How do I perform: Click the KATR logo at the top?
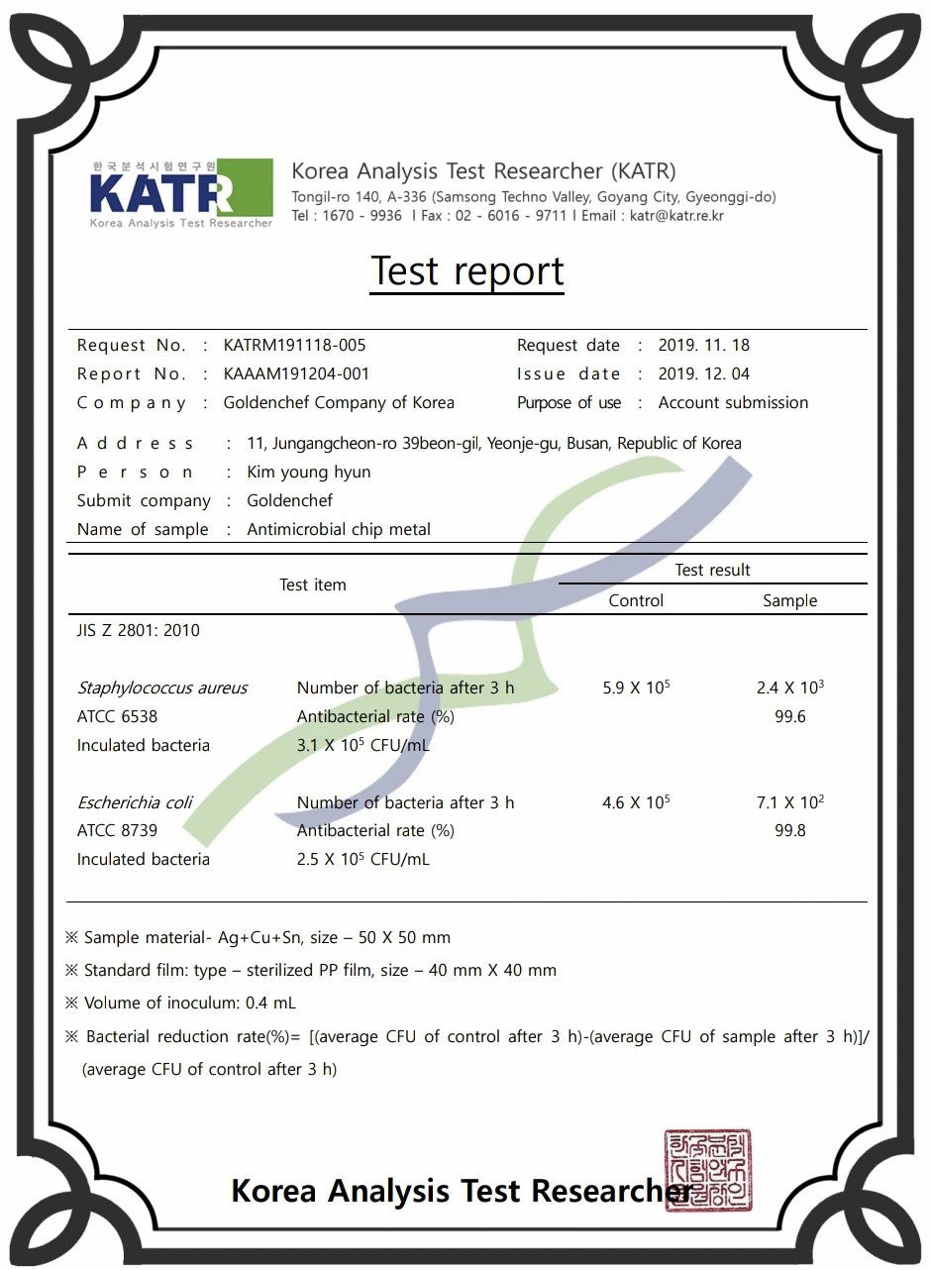[x=180, y=193]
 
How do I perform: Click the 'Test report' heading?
[x=467, y=271]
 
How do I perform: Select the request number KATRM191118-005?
[x=294, y=346]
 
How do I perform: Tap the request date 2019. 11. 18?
[x=704, y=346]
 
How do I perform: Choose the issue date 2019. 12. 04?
[x=704, y=374]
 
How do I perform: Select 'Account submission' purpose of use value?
[x=733, y=403]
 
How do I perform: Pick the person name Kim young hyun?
[x=308, y=473]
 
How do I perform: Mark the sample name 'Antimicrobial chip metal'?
[x=339, y=530]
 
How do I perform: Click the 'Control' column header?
[x=636, y=601]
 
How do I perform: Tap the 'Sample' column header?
[x=789, y=601]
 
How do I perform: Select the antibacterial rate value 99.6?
[x=789, y=717]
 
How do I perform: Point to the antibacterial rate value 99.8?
[x=789, y=831]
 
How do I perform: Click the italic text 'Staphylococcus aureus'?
[x=162, y=688]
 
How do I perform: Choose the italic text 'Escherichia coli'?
[x=135, y=802]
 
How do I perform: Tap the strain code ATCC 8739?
[x=117, y=831]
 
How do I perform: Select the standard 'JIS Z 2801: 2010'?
[x=138, y=631]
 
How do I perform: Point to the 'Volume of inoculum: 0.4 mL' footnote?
[x=189, y=1004]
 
